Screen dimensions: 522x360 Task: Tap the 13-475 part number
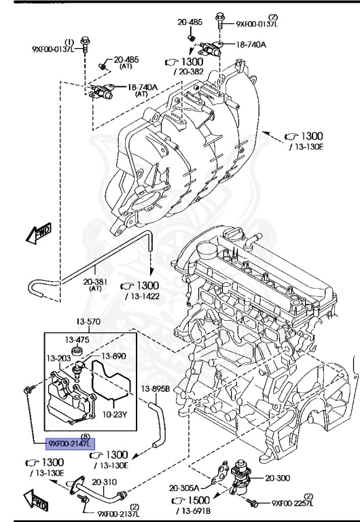click(77, 339)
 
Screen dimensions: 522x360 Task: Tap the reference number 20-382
click(187, 71)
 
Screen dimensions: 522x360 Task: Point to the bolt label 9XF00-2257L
click(296, 504)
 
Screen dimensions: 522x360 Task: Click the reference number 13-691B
click(196, 510)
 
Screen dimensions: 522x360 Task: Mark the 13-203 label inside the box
click(60, 358)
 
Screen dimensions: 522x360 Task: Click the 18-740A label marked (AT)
click(143, 87)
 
